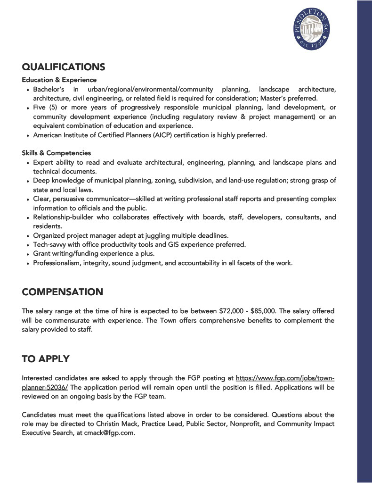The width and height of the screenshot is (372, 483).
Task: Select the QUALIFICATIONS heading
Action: click(x=63, y=67)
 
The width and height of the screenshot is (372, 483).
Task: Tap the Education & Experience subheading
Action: click(x=59, y=80)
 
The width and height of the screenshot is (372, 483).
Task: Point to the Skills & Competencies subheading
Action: click(x=56, y=153)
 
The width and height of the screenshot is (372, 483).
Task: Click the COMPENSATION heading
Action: click(x=62, y=292)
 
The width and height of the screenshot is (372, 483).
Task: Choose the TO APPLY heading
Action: click(x=45, y=359)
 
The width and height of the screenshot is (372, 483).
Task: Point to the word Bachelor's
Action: click(x=49, y=89)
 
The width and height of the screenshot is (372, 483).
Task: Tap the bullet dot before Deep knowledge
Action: click(x=28, y=181)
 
